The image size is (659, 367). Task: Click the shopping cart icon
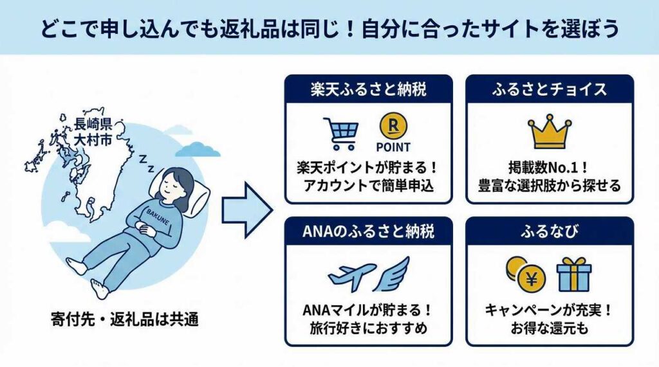point(341,134)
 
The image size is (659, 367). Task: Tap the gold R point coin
point(393,127)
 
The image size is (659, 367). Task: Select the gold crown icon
point(550,131)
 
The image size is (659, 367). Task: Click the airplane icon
point(351,274)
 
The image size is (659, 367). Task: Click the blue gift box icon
point(573,274)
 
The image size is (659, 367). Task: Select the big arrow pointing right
point(247,210)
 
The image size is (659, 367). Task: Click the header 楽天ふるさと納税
point(368,89)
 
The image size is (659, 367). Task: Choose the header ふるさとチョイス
point(550,89)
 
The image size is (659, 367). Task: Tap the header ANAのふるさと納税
point(368,231)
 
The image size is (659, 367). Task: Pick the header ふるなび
point(550,231)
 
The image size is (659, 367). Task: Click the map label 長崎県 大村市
point(93,131)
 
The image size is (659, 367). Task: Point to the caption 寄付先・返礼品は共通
point(124,320)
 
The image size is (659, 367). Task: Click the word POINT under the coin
point(393,147)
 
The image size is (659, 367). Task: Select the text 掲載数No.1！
point(549,168)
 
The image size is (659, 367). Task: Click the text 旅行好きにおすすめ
point(368,328)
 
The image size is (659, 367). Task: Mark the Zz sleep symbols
point(147,163)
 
